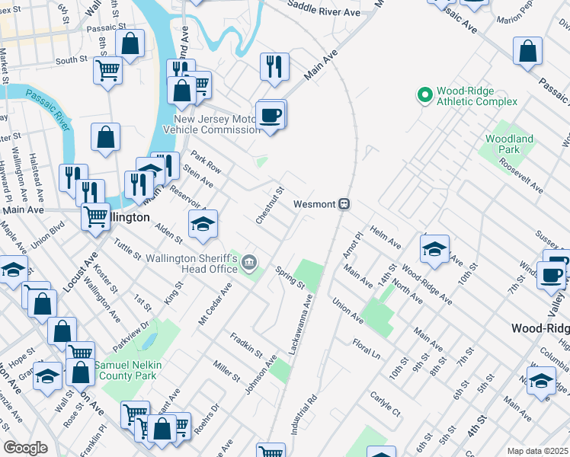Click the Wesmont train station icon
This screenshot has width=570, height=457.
[x=344, y=204]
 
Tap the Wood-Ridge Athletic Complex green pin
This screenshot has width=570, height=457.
[x=424, y=96]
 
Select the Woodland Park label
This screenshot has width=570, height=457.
[x=509, y=144]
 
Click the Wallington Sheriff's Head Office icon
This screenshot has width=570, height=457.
[x=249, y=264]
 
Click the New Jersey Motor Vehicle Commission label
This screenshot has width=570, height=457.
[x=217, y=124]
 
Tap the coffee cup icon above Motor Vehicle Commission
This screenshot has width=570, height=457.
[x=270, y=116]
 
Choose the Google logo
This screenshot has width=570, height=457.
[x=25, y=448]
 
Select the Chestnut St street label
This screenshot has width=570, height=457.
[x=270, y=205]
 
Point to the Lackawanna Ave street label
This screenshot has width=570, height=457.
[x=301, y=325]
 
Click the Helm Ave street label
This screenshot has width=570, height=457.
[x=385, y=236]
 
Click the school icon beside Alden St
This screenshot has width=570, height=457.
[x=203, y=225]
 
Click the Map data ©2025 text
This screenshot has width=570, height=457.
[x=537, y=451]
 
